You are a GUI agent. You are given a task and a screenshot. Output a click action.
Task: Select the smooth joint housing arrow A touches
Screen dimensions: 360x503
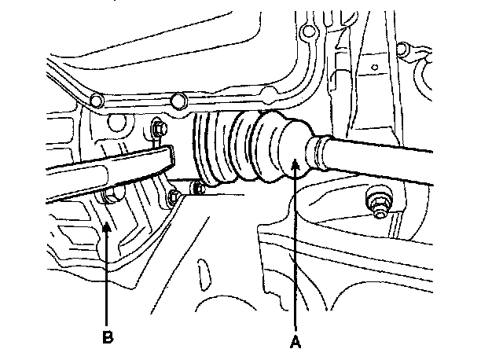[283, 149]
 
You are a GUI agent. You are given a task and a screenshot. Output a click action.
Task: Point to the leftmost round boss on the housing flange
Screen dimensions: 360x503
[97, 101]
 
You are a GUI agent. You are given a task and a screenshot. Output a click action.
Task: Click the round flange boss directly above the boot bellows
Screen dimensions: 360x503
[178, 99]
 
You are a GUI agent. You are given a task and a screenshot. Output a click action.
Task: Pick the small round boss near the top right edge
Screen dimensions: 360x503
[402, 50]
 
